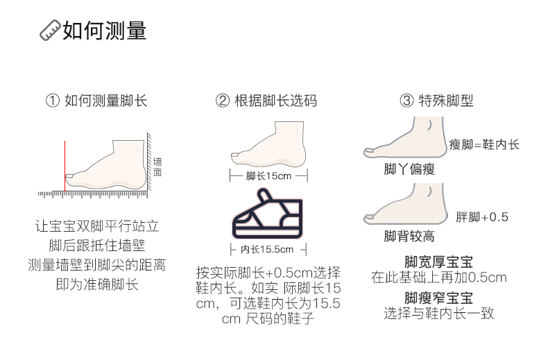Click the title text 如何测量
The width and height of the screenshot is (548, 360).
pos(105,31)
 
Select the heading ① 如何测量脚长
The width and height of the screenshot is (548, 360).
pos(96,101)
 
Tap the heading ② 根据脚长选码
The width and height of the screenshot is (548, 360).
pos(266,101)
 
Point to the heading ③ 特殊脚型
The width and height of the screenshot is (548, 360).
pos(436,101)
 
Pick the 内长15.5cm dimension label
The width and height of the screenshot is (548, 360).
pos(267,248)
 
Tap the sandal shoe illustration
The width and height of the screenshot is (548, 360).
pos(266,216)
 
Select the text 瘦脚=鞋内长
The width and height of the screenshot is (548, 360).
pos(483,145)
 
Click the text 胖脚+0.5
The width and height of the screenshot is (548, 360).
pos(482,217)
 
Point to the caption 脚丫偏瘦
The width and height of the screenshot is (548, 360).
pos(409,169)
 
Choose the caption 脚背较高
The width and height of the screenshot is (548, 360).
pos(409,237)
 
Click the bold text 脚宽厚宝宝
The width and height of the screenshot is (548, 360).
pos(438,262)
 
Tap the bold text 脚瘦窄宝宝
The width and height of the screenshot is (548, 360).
pos(438,298)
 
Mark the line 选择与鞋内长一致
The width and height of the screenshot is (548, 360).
pos(438,314)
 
